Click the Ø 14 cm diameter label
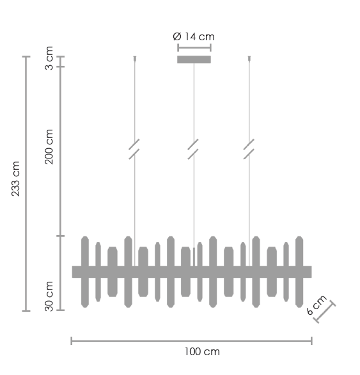point(193,36)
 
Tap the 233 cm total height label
point(17,180)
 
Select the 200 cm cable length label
point(50,146)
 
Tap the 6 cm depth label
point(316,305)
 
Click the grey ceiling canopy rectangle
point(194,60)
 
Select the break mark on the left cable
point(134,149)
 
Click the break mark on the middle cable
point(194,149)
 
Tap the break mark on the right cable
point(249,149)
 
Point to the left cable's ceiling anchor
point(134,59)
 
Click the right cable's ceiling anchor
point(249,59)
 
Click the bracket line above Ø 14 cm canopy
point(194,47)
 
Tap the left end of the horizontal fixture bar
point(76,272)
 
